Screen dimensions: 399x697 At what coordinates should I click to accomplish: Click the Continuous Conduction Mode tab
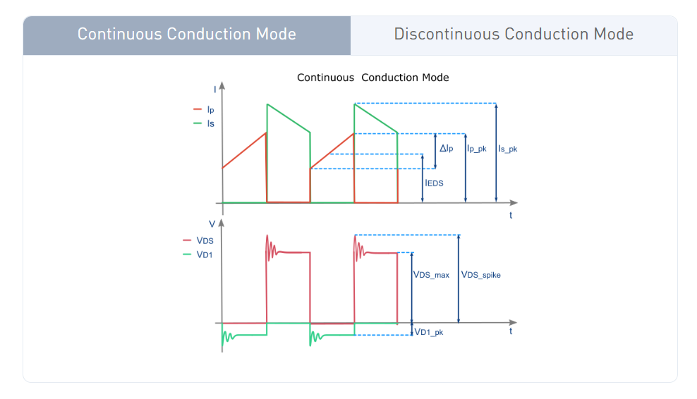pos(186,35)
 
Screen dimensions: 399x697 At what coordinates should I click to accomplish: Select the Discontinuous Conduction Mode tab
pos(514,35)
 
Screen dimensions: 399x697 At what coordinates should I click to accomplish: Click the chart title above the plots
pos(372,78)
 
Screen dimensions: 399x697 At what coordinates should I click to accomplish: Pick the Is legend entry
pos(210,123)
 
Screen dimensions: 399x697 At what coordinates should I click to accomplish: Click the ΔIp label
pos(447,149)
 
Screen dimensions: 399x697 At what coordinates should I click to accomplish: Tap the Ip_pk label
pos(477,149)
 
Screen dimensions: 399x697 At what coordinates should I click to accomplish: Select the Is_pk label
pos(508,149)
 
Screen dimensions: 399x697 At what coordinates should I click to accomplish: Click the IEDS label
pos(435,183)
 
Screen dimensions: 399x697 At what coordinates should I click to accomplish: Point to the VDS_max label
pos(431,275)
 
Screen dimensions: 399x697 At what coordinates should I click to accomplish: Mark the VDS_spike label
pos(480,275)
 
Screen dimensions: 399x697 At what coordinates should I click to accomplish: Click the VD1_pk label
pos(429,331)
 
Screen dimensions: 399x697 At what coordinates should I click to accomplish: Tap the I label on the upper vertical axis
pos(215,89)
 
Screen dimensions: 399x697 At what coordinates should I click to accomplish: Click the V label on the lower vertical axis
pos(212,223)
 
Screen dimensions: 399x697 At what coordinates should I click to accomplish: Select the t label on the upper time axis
pos(511,215)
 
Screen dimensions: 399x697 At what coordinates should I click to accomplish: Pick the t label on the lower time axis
pos(511,331)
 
